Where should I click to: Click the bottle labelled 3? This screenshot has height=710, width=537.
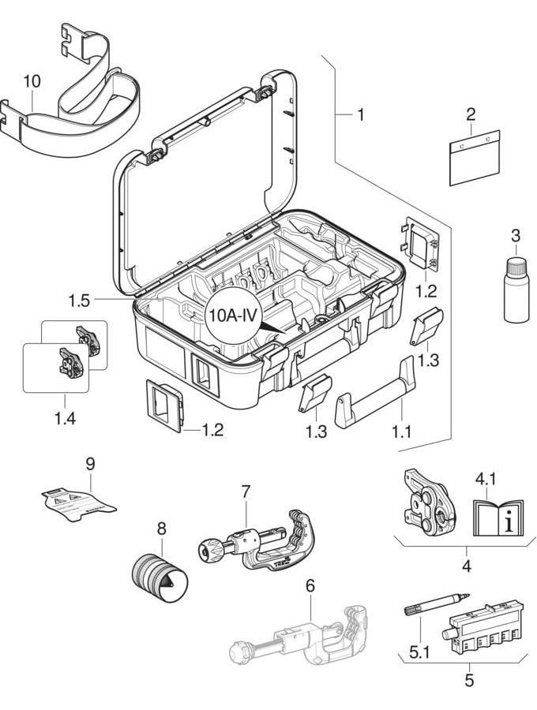click(516, 292)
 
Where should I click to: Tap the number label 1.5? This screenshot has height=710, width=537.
click(79, 300)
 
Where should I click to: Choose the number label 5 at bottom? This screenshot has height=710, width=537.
click(469, 678)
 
